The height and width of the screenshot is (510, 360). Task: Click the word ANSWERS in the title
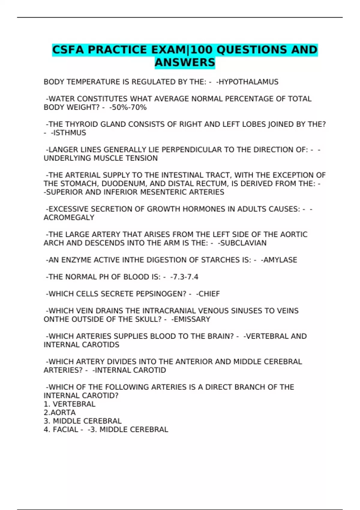(x=185, y=62)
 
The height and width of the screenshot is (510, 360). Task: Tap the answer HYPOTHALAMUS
(x=248, y=82)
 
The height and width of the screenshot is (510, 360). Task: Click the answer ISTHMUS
(x=69, y=133)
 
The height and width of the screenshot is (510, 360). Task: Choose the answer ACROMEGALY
(x=69, y=217)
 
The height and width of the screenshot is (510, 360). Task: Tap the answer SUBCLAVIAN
(x=243, y=243)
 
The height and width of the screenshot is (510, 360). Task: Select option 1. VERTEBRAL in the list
(x=70, y=404)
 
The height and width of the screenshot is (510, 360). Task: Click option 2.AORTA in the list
(x=60, y=412)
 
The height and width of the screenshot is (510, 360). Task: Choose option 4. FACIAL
(x=61, y=430)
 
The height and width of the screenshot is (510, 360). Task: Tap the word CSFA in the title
(x=68, y=50)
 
